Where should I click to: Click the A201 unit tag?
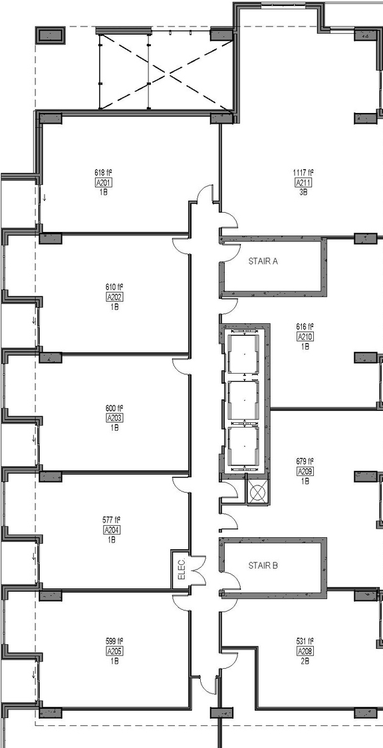pyautogui.click(x=103, y=183)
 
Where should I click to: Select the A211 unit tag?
pyautogui.click(x=303, y=183)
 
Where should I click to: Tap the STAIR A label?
pyautogui.click(x=263, y=261)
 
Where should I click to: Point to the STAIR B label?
pyautogui.click(x=263, y=566)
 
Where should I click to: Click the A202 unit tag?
pyautogui.click(x=114, y=297)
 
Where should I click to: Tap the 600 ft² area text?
pyautogui.click(x=114, y=408)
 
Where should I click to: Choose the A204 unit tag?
pyautogui.click(x=111, y=530)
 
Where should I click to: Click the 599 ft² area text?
pyautogui.click(x=114, y=642)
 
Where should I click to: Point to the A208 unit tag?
pyautogui.click(x=305, y=651)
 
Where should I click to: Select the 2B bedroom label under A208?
pyautogui.click(x=305, y=661)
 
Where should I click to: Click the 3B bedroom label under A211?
pyautogui.click(x=303, y=192)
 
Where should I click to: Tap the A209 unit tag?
pyautogui.click(x=305, y=471)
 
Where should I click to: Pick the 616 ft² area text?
pyautogui.click(x=305, y=327)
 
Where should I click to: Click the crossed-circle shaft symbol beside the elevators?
pyautogui.click(x=257, y=493)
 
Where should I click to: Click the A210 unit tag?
pyautogui.click(x=305, y=336)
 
